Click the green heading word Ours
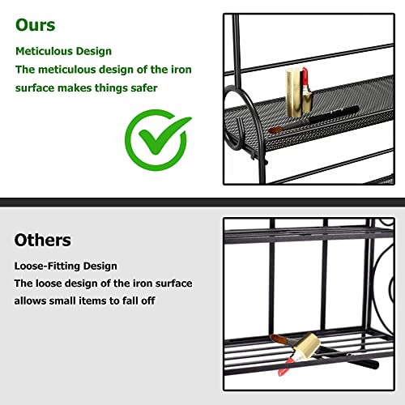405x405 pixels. coord(36,25)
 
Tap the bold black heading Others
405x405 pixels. coord(43,240)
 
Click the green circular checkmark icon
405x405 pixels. coord(158,139)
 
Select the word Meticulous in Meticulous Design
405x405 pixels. coord(44,51)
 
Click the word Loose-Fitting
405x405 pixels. coord(47,266)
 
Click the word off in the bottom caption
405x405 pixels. coord(148,301)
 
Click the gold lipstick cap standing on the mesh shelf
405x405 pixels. coord(293,92)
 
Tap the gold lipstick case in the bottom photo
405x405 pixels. coord(308,346)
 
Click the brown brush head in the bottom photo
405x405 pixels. coord(279,339)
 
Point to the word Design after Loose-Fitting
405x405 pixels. coord(100,266)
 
